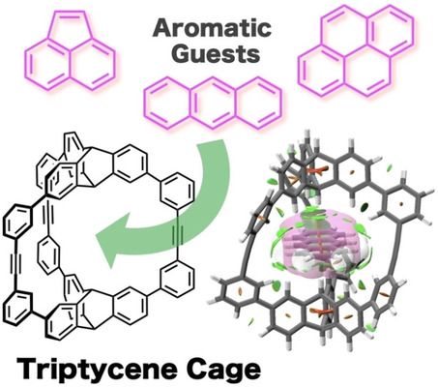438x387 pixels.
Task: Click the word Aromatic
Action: (x=212, y=27)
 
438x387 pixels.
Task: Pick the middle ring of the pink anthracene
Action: (x=214, y=103)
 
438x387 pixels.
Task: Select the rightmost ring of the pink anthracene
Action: (x=259, y=103)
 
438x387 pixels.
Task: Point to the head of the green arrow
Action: (x=111, y=237)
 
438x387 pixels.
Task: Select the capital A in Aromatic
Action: (x=163, y=28)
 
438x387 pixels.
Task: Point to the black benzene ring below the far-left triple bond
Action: (x=18, y=307)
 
